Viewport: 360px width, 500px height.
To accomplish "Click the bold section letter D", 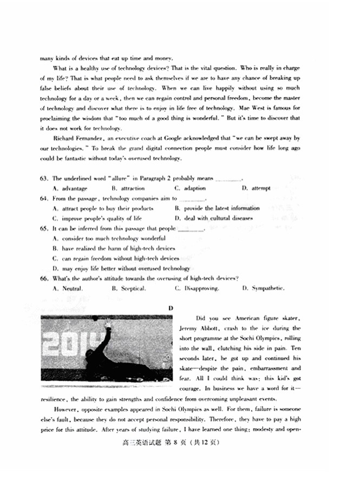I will (171, 308).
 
